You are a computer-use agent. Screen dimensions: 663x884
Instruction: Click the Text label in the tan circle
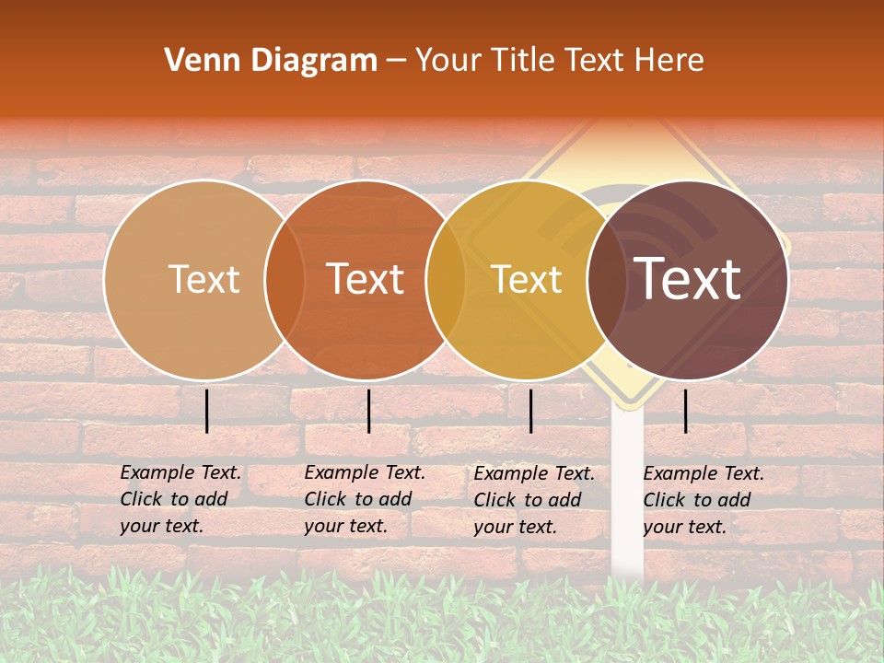pyautogui.click(x=204, y=279)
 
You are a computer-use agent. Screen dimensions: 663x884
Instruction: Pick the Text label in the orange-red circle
pyautogui.click(x=366, y=279)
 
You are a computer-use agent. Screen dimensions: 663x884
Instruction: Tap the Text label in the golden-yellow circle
pyautogui.click(x=527, y=279)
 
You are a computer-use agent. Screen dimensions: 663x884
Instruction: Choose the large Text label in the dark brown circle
pyautogui.click(x=688, y=279)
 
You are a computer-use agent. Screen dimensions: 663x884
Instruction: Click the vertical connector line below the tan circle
pyautogui.click(x=207, y=411)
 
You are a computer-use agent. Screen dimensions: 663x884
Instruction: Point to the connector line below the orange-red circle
pyautogui.click(x=368, y=411)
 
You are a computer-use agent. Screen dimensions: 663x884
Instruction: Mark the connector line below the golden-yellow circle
pyautogui.click(x=531, y=411)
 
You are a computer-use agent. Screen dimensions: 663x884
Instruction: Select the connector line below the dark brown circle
pyautogui.click(x=686, y=411)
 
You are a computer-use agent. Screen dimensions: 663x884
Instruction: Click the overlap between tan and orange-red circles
pyautogui.click(x=285, y=279)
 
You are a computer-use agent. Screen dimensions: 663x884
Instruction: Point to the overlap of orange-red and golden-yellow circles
pyautogui.click(x=446, y=279)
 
